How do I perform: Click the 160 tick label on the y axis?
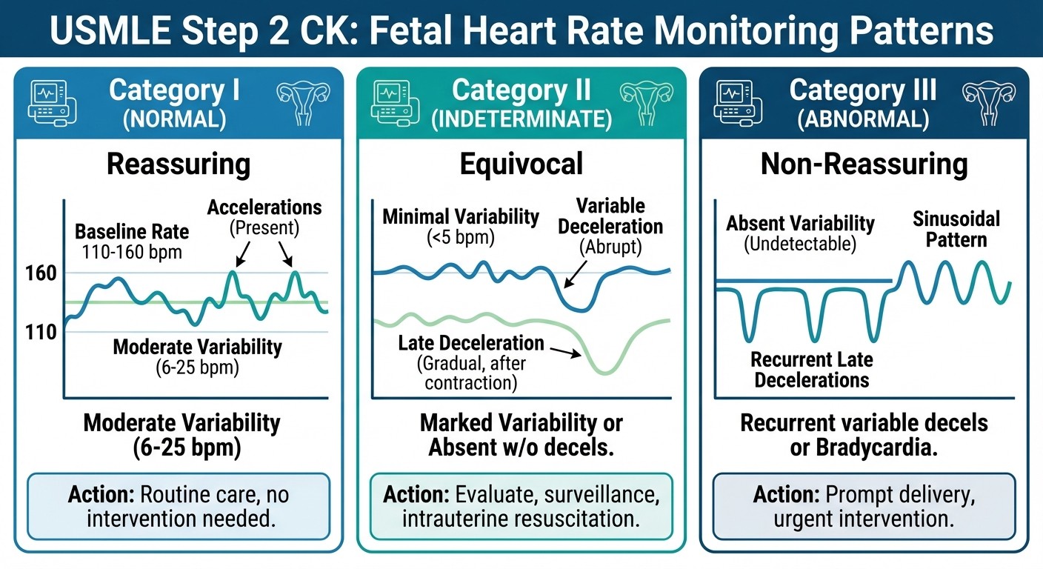point(41,273)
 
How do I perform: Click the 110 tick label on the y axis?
point(41,332)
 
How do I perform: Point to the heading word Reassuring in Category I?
point(179,164)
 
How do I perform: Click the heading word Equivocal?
point(521,164)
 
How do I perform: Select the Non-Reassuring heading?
point(864,164)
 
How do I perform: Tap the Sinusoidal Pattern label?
point(956,229)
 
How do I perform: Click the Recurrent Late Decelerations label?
point(811,370)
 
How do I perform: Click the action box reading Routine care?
point(179,506)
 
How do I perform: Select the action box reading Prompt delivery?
point(864,506)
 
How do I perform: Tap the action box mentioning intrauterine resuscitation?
point(521,506)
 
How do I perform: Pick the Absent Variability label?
point(800,223)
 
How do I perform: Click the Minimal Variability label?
point(461,217)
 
